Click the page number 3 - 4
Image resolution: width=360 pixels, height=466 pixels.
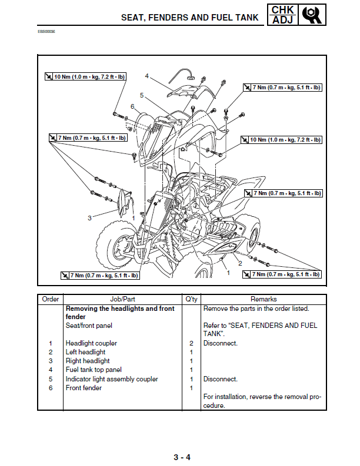[x=181, y=458]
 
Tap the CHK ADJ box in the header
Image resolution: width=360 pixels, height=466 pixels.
[x=282, y=15]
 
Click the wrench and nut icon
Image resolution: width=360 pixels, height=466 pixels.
[x=312, y=15]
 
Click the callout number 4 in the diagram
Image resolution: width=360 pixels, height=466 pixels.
[x=146, y=76]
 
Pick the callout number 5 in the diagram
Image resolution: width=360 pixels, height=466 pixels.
[x=142, y=95]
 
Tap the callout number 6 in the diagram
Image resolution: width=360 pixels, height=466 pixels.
[x=133, y=106]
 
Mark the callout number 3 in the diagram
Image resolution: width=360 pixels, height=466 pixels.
[x=89, y=218]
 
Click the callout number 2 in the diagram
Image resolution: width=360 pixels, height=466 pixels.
[x=240, y=263]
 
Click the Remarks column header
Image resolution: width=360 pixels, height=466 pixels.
[x=264, y=299]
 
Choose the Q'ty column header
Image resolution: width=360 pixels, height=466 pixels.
[x=191, y=299]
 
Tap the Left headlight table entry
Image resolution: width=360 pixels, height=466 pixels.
[x=85, y=352]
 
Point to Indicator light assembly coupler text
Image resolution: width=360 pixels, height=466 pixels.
[x=112, y=379]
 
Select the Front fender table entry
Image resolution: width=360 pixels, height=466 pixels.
[x=84, y=388]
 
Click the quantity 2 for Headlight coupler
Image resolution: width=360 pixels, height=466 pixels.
[x=191, y=343]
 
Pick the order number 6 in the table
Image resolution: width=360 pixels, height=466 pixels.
[x=51, y=388]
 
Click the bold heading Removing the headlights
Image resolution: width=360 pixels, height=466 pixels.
[x=120, y=309]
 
